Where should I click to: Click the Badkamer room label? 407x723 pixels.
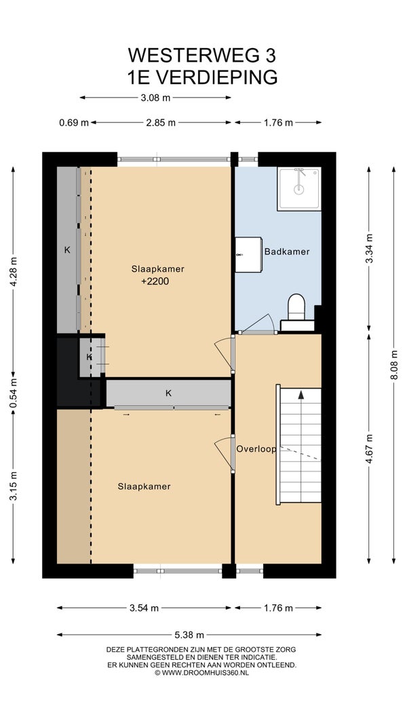pyautogui.click(x=286, y=252)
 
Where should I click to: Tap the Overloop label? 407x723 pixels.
pyautogui.click(x=256, y=448)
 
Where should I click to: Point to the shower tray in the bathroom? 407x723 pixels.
pyautogui.click(x=298, y=189)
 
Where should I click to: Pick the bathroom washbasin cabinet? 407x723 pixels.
pyautogui.click(x=249, y=254)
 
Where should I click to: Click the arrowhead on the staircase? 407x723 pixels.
pyautogui.click(x=301, y=395)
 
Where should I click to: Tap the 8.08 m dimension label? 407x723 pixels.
pyautogui.click(x=393, y=364)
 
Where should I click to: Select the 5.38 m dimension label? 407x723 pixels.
pyautogui.click(x=190, y=635)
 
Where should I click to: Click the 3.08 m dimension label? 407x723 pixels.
pyautogui.click(x=155, y=97)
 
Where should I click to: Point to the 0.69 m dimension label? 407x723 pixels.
pyautogui.click(x=74, y=123)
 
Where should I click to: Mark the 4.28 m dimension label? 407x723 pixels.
pyautogui.click(x=13, y=271)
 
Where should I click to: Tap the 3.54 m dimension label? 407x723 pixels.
pyautogui.click(x=144, y=608)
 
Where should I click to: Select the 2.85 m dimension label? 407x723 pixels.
pyautogui.click(x=161, y=123)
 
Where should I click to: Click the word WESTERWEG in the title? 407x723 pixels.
pyautogui.click(x=188, y=56)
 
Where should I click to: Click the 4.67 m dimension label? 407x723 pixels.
pyautogui.click(x=369, y=448)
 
